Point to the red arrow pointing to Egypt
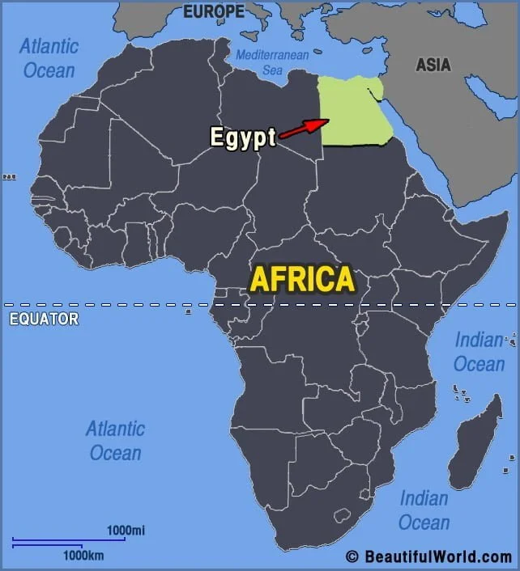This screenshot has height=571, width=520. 305,128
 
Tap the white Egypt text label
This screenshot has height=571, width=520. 243,137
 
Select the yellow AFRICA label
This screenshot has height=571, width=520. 302,279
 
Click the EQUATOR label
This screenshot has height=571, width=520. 44,319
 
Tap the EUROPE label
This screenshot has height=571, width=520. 213,11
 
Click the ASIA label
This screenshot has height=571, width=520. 433,65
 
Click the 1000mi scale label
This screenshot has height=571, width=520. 126,531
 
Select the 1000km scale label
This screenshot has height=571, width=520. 84,556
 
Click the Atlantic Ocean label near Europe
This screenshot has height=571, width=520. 49,57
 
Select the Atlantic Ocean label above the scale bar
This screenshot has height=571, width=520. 116,440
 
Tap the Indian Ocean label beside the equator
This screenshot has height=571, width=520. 479,352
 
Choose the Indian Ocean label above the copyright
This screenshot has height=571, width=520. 424,510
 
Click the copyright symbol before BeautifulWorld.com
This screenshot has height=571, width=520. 352,556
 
